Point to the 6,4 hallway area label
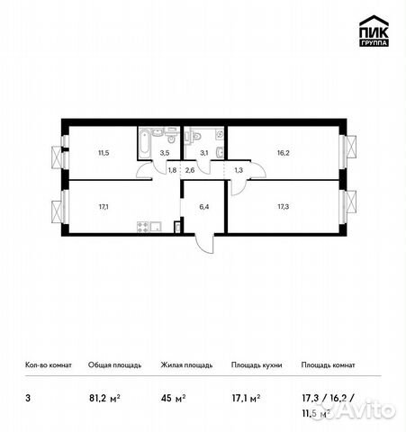(203, 206)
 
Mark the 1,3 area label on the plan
(238, 170)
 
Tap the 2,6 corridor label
(190, 170)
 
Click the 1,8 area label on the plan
(172, 170)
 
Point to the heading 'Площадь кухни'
(257, 365)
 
